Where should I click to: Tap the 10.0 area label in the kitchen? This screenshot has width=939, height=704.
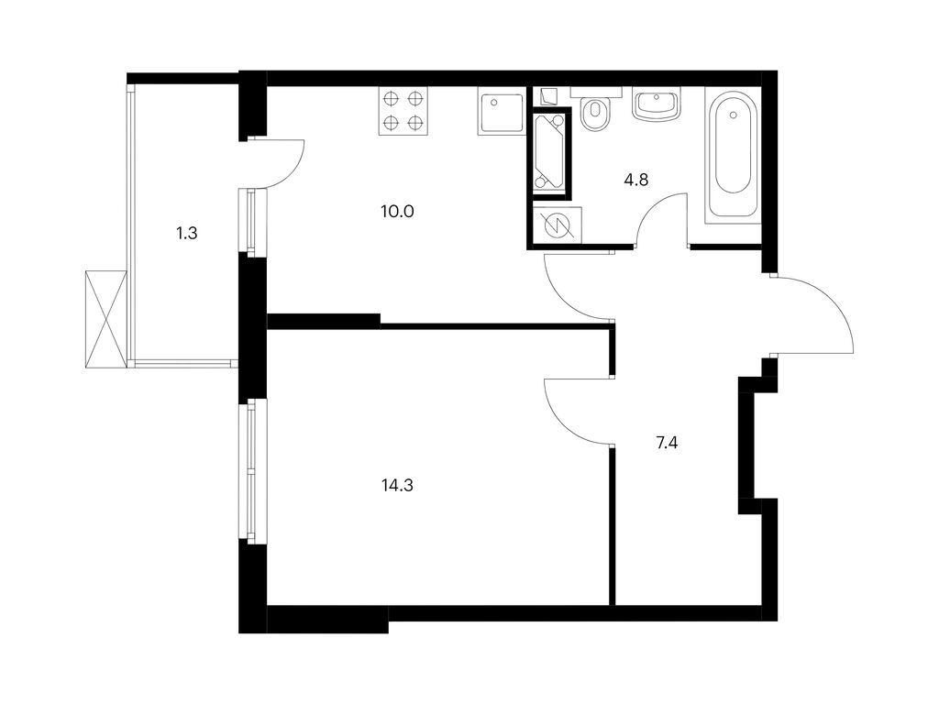pos(398,211)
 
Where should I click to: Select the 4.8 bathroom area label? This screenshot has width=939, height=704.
pos(636,180)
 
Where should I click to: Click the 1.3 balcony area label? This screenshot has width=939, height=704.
pos(187,233)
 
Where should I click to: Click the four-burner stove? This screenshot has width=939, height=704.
pos(403,111)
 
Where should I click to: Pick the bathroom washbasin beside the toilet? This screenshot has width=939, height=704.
pos(657,104)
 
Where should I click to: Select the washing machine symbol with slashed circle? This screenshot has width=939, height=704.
pos(556,225)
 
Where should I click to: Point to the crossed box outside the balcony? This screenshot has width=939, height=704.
pos(103,319)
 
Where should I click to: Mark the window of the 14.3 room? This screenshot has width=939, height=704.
pos(249,472)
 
